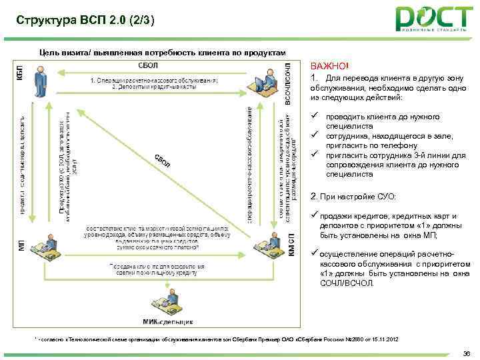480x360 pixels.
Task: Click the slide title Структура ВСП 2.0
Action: pyautogui.click(x=86, y=21)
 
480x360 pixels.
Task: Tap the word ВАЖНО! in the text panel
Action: pyautogui.click(x=329, y=66)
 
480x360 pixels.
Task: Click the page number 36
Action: pyautogui.click(x=465, y=351)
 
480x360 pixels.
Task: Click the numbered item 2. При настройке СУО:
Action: pyautogui.click(x=353, y=197)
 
